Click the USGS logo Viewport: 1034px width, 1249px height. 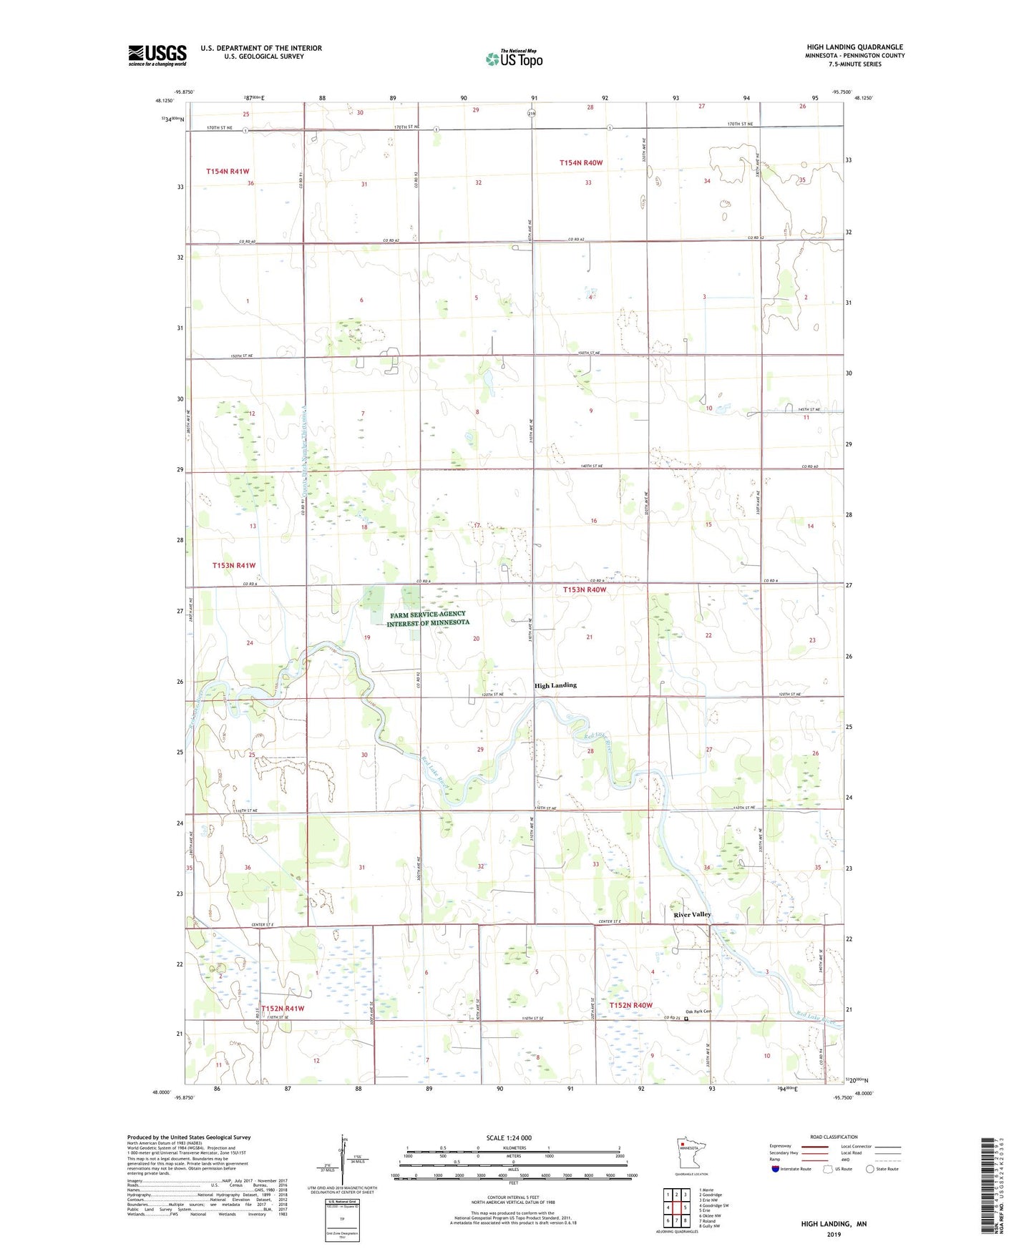point(157,55)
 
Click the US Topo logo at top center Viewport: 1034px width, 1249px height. point(514,59)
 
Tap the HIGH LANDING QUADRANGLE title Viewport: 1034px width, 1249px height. point(854,47)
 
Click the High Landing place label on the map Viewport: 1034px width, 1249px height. point(555,685)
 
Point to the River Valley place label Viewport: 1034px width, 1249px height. point(692,914)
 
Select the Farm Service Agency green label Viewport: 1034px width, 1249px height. point(428,618)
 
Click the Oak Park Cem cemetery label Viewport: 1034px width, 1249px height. point(698,1012)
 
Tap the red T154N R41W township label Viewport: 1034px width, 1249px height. point(228,172)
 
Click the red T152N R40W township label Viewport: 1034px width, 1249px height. point(630,1005)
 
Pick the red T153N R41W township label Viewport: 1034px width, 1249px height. point(233,565)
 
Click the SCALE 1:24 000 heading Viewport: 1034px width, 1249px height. point(509,1137)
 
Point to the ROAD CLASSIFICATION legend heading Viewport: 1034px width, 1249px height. point(834,1137)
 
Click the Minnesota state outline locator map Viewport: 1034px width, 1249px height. point(691,1154)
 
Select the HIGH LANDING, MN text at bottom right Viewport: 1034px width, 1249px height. point(834,1224)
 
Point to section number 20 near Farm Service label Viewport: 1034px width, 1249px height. point(476,639)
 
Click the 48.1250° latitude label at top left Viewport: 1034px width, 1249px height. point(164,101)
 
